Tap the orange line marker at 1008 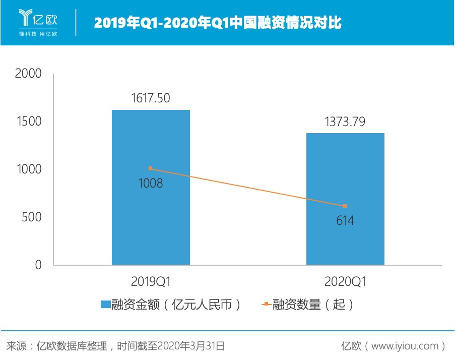151,168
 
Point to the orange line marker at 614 345,206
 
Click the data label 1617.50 151,98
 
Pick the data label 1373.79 346,122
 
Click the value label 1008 151,183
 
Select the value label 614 345,220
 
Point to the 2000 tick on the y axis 28,74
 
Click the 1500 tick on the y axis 28,122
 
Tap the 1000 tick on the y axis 28,169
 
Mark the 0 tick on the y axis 38,265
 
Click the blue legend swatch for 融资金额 105,305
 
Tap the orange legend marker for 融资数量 266,305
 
